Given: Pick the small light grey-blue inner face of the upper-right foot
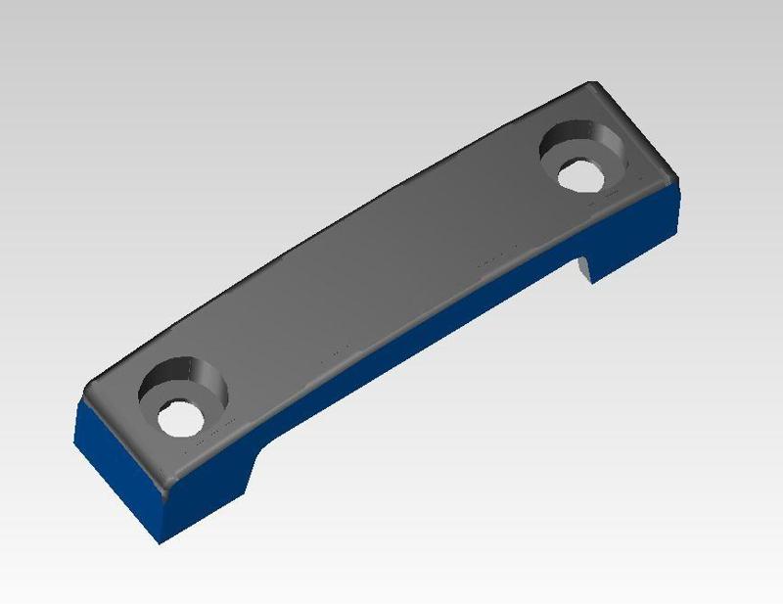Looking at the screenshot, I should [x=584, y=267].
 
